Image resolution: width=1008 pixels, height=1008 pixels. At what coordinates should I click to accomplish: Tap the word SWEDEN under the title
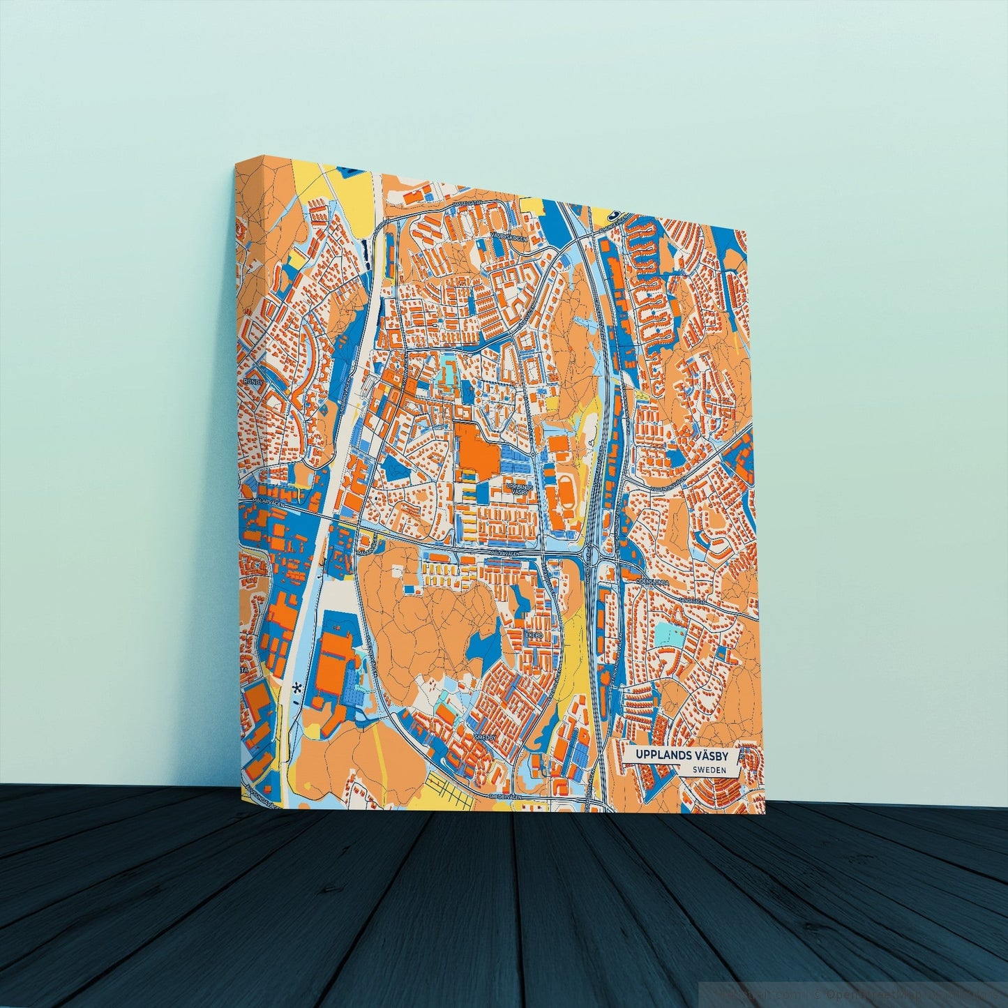(710, 770)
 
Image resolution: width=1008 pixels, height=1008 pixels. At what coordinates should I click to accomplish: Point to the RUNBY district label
(250, 382)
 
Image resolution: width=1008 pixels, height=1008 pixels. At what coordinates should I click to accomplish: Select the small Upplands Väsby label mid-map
(520, 488)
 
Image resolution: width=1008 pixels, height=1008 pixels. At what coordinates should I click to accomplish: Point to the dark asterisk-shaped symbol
(299, 688)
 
